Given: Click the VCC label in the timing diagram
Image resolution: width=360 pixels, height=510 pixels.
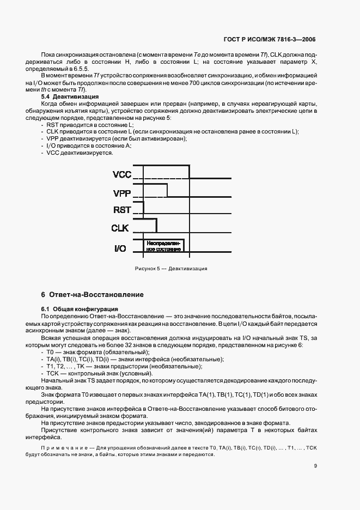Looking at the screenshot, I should point(123,175).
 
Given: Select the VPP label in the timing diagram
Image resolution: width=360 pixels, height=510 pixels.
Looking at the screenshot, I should point(123,193).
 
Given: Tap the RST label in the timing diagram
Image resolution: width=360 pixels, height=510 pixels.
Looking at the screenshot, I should point(122,211).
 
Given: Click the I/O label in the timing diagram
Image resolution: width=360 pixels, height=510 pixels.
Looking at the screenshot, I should point(120,248).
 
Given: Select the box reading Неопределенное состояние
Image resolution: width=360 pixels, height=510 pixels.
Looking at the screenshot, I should point(163,245).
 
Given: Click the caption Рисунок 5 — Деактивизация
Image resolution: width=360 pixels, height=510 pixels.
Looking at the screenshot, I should point(170,269).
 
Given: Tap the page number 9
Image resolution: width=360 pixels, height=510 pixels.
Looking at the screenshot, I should point(315,465).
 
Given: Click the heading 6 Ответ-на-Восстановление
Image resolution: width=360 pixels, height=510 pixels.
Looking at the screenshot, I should point(93,295).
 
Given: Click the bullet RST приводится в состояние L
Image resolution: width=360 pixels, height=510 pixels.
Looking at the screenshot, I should point(82,125).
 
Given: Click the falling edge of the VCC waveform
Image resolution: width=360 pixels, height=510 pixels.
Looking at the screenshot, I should point(190,170).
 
